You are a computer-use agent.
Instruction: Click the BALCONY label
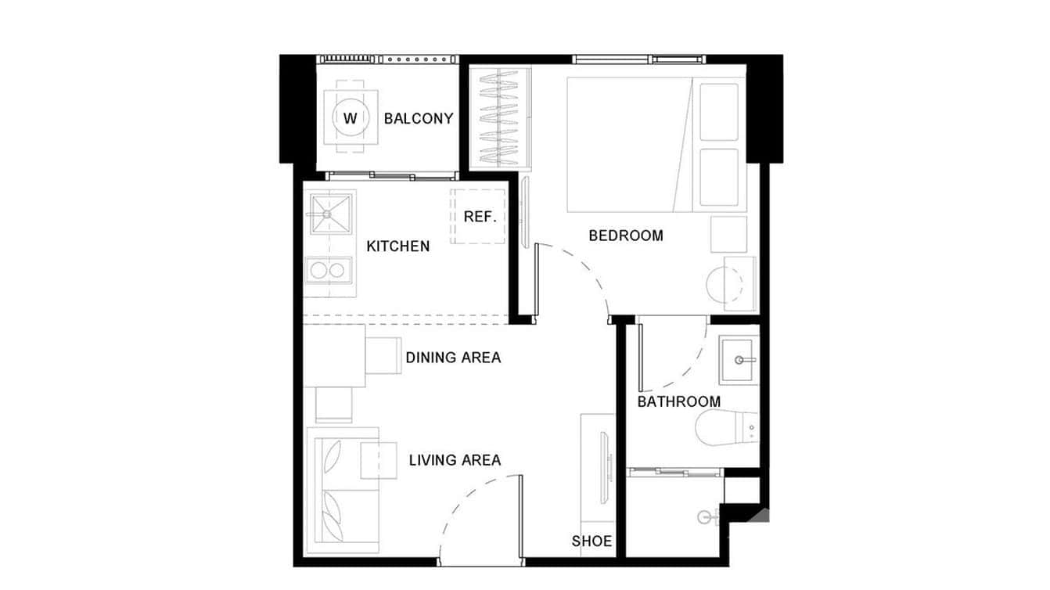coord(419,119)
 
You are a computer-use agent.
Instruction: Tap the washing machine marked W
coord(350,119)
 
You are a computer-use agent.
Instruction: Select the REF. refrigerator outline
coord(480,216)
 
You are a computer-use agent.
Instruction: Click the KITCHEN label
coord(397,246)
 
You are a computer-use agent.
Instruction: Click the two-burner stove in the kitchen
coord(328,271)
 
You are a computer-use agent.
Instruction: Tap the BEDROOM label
coord(625,235)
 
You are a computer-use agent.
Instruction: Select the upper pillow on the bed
coord(718,112)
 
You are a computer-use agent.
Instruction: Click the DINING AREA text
coord(453,358)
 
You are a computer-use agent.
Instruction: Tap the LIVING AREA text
coord(455,460)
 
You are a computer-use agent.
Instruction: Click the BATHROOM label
coord(678,401)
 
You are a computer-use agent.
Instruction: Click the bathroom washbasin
coord(739,360)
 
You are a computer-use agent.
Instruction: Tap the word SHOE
coord(592,541)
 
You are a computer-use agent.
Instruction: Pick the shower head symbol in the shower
coord(708,516)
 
